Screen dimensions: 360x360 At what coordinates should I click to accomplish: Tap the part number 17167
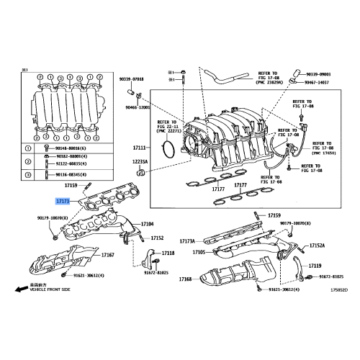107,255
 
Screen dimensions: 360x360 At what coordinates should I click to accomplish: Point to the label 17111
139,148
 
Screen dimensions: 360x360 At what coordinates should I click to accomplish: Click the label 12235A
139,162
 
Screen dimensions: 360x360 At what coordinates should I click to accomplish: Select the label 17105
199,252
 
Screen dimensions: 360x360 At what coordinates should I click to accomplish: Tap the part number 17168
185,278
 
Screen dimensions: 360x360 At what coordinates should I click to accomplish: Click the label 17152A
317,245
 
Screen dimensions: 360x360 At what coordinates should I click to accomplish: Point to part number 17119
315,266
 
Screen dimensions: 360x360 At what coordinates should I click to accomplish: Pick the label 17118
168,253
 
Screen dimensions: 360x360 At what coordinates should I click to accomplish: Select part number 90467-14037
319,83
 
